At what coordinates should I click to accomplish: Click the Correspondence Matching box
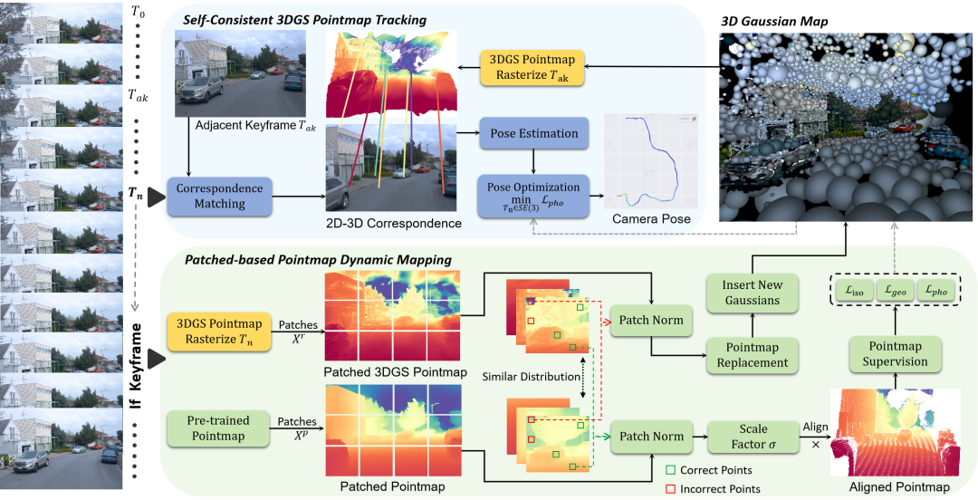pos(220,196)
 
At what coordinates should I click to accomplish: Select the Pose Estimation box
pos(533,134)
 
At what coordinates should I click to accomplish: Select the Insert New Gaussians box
pos(752,292)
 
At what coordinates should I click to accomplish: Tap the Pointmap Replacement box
pos(752,355)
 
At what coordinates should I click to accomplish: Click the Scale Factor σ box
pos(753,437)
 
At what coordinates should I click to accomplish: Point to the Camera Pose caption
pos(651,219)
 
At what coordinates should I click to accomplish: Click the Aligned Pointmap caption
pos(899,487)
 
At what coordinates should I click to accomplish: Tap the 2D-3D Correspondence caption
pos(391,223)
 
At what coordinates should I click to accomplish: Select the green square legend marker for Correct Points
pos(669,470)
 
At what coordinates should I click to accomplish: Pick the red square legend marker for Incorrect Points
pos(669,489)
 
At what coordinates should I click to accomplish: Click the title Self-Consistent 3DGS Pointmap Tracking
pos(304,20)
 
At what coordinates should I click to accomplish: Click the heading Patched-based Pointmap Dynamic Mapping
pos(318,260)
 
